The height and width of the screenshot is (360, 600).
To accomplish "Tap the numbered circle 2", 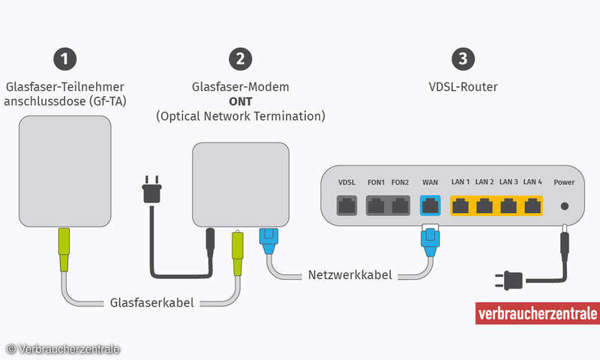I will (239, 58).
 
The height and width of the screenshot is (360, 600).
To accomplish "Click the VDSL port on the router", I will (346, 204).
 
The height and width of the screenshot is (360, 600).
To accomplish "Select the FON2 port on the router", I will (400, 204).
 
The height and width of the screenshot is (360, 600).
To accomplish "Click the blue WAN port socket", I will (430, 204).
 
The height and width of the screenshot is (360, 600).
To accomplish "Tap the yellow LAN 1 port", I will (460, 204).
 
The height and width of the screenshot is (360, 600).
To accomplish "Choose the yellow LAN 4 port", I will (532, 204).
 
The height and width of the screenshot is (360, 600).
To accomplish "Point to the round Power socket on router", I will (563, 205).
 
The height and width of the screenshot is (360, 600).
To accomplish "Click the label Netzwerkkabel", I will (350, 275).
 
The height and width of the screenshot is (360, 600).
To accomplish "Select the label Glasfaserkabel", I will (151, 303).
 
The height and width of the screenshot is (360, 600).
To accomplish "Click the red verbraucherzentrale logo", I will (536, 313).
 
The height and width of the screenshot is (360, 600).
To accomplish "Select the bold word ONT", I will (240, 102).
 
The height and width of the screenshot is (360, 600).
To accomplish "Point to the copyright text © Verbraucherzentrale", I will (63, 349).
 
